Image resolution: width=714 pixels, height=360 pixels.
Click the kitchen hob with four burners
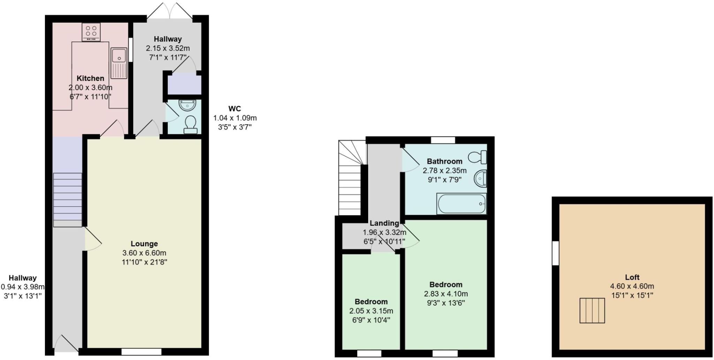tap(91, 32)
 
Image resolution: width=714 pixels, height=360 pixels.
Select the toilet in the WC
tap(190, 125)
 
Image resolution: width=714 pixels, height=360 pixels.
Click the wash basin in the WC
tap(188, 105)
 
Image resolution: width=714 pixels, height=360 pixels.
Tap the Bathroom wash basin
tap(480, 179)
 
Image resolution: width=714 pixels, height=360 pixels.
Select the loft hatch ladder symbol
tap(592, 310)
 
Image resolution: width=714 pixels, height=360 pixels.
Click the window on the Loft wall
tap(555, 253)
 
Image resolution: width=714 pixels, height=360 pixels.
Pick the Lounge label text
tap(144, 244)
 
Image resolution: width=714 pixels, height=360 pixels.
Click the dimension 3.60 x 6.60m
tap(144, 253)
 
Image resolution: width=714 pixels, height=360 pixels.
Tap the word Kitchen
tap(90, 78)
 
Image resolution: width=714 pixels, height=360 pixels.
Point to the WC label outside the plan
tap(235, 108)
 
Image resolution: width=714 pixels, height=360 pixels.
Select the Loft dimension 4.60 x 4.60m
tap(632, 286)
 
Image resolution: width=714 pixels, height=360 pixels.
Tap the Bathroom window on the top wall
tap(443, 140)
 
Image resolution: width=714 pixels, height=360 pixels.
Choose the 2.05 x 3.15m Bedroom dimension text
tap(371, 311)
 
